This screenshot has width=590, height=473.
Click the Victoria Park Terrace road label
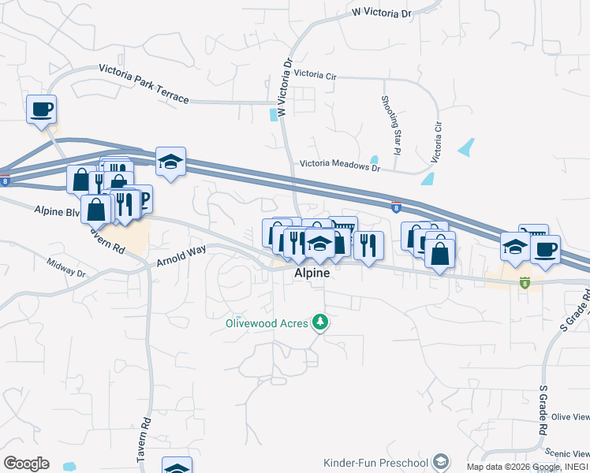144,84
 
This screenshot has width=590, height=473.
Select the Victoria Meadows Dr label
340,166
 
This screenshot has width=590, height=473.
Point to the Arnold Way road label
181,255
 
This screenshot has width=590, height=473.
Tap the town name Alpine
310,274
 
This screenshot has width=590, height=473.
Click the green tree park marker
319,322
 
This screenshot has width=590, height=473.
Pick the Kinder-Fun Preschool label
375,462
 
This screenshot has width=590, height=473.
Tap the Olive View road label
570,417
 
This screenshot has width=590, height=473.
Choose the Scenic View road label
569,453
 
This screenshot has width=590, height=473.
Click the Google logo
26,464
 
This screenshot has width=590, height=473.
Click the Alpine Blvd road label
57,211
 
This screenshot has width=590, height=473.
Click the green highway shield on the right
525,281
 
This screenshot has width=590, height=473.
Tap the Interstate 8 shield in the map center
395,207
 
